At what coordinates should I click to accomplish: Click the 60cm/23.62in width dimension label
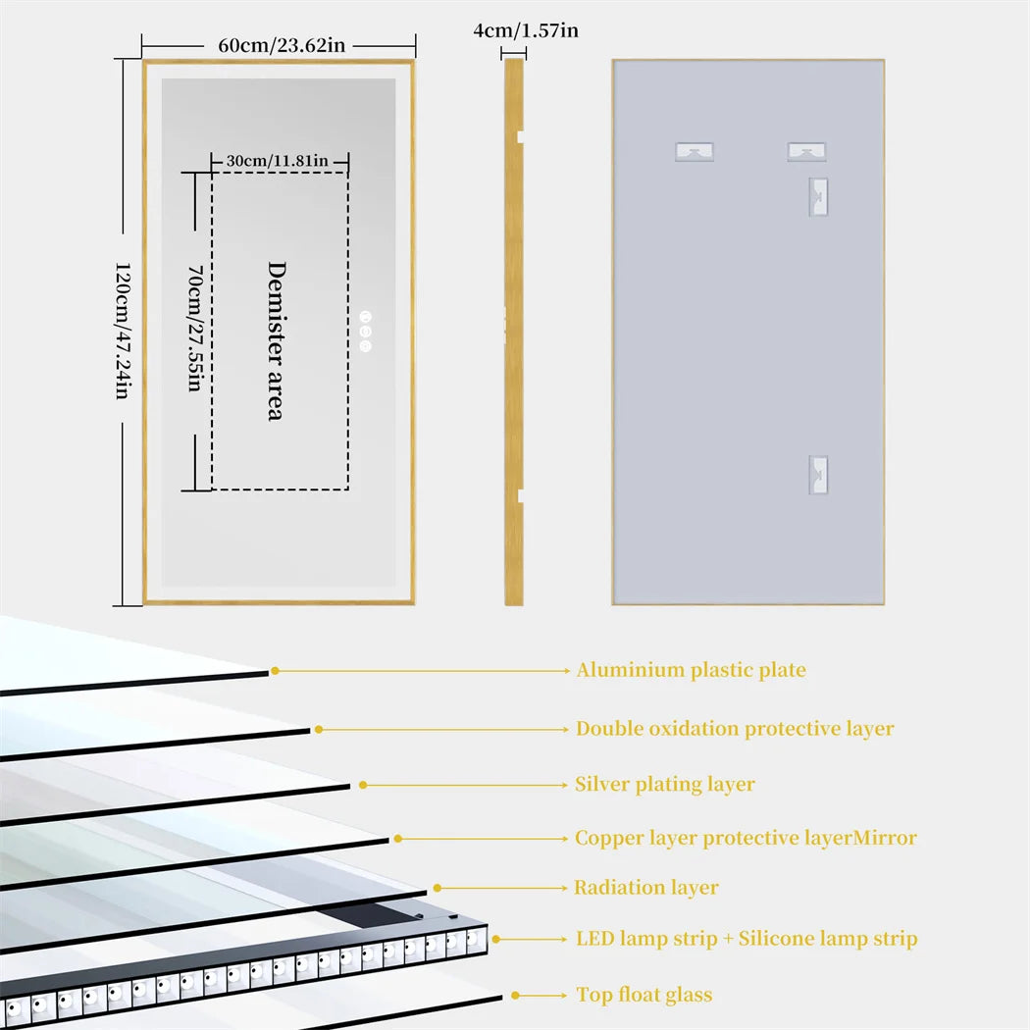coord(279,45)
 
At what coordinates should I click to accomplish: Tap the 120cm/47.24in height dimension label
coord(123,331)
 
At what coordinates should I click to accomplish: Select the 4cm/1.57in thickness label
coord(525,30)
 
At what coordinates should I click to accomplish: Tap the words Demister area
coord(276,340)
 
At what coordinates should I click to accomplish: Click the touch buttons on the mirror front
coord(366,331)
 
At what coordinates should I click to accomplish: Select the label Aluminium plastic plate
coord(691,671)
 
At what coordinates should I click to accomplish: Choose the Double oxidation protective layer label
coord(735,729)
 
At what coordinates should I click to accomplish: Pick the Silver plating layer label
coord(665,785)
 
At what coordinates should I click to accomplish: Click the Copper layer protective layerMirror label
coord(746,839)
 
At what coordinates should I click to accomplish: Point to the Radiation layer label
coord(646,888)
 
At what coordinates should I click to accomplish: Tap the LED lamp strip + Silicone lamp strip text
coord(747,939)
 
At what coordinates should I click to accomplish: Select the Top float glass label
coord(644,996)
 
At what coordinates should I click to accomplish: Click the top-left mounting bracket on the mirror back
coord(695,152)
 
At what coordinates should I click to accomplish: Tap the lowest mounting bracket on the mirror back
coord(818,475)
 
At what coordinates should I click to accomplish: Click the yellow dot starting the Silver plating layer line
coord(363,785)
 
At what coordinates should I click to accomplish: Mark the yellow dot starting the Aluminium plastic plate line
coord(276,671)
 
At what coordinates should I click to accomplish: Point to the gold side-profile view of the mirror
coord(514,331)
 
